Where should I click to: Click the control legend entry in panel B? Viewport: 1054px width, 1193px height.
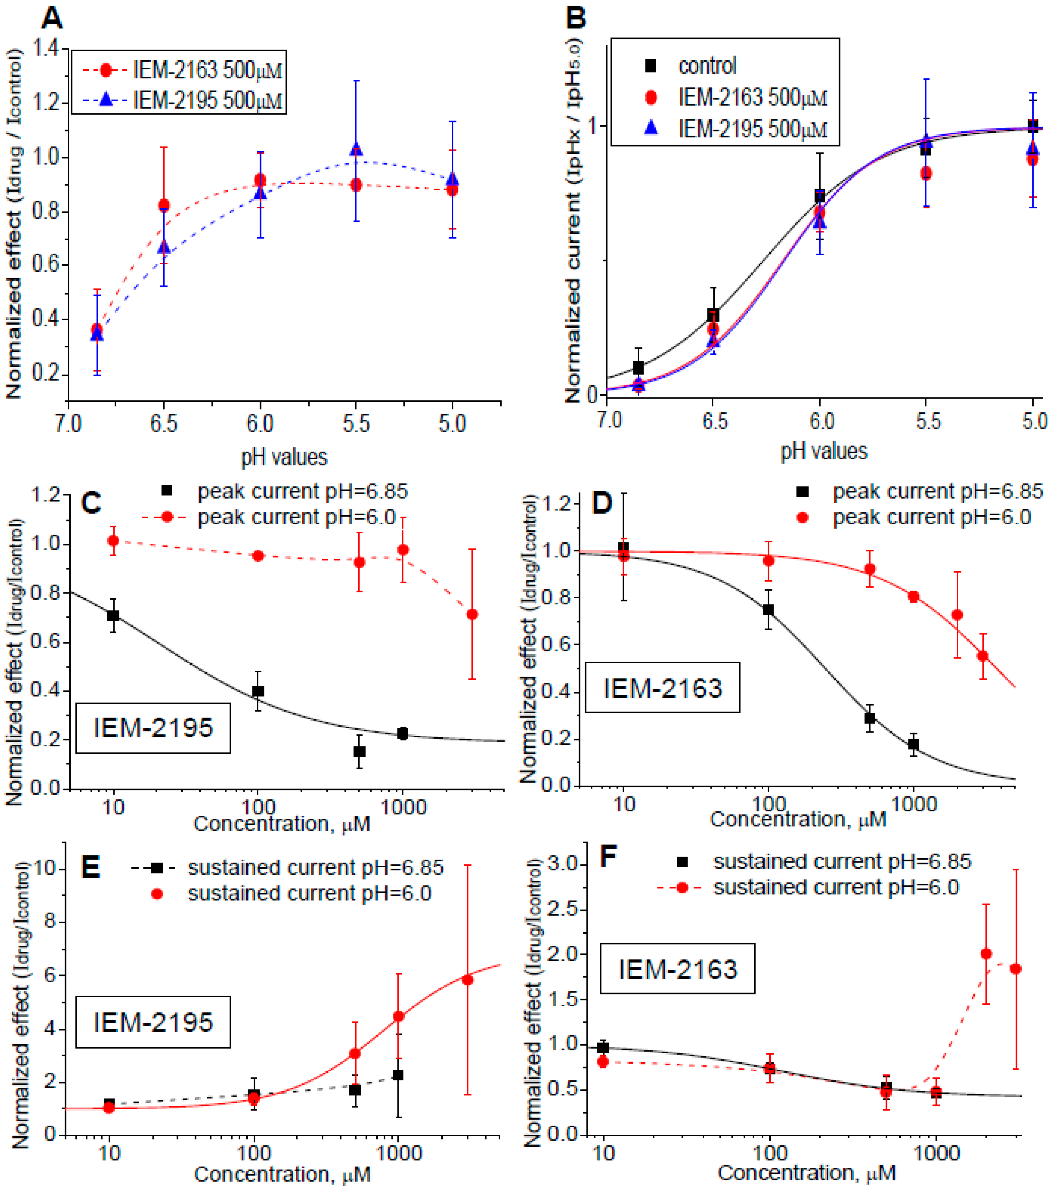[x=707, y=65]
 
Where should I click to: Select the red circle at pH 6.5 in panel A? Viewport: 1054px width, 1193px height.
[x=164, y=205]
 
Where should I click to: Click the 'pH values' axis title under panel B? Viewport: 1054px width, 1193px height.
[x=824, y=451]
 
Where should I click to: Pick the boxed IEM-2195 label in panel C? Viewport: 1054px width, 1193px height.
[x=153, y=728]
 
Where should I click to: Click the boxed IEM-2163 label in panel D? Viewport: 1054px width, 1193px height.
[x=662, y=688]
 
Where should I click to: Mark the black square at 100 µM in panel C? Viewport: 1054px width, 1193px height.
[x=258, y=691]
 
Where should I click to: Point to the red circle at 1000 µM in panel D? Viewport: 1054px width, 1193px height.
[x=913, y=596]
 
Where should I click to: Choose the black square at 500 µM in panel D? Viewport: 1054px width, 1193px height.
[x=870, y=718]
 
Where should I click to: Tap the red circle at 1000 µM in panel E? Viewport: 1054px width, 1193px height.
[x=398, y=1016]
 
